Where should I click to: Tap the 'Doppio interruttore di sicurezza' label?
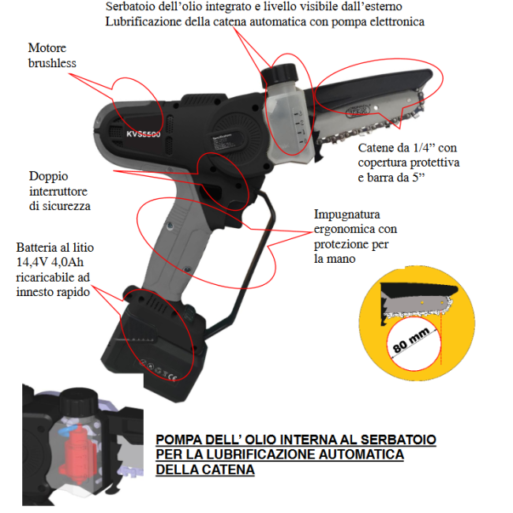coord(59,190)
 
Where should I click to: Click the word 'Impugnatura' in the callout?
coord(347,214)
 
